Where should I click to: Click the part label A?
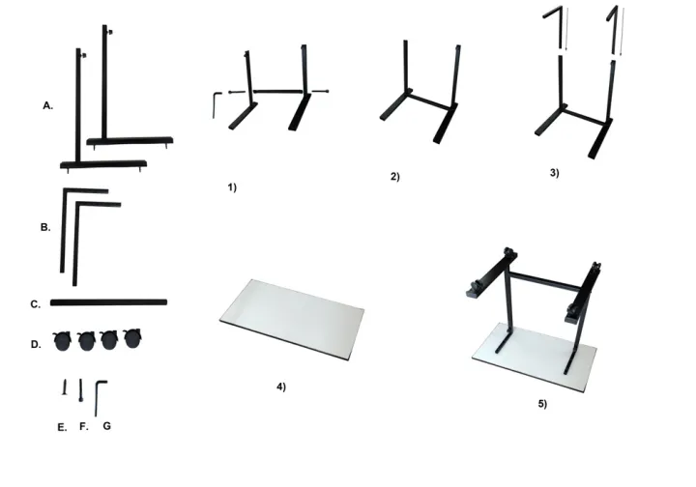click(47, 106)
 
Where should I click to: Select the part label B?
click(45, 228)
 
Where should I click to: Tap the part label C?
click(35, 304)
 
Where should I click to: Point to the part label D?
click(36, 343)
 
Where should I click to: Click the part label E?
click(62, 426)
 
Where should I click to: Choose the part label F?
click(83, 426)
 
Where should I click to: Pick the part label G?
click(106, 425)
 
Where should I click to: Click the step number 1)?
click(232, 186)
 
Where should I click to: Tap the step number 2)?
click(395, 177)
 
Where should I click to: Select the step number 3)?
click(553, 172)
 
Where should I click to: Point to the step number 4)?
click(281, 387)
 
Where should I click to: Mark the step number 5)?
click(542, 403)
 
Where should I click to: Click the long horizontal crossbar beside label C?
click(108, 302)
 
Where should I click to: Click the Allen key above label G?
click(100, 396)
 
